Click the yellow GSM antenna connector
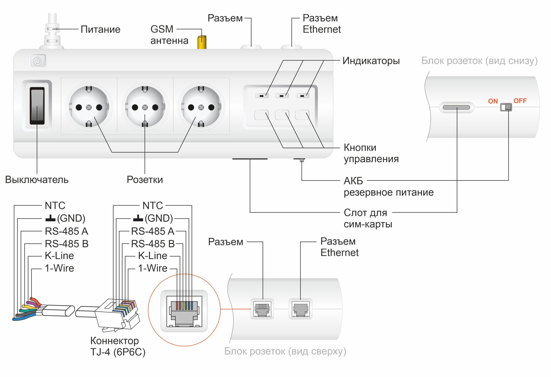pyautogui.click(x=202, y=42)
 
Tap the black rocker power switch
pyautogui.click(x=37, y=106)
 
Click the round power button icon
pyautogui.click(x=38, y=61)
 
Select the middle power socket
pyautogui.click(x=145, y=107)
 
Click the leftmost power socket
pyautogui.click(x=89, y=107)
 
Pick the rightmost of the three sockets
pyautogui.click(x=201, y=107)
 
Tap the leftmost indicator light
pyautogui.click(x=261, y=96)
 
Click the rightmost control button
pyautogui.click(x=302, y=115)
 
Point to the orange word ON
pyautogui.click(x=493, y=101)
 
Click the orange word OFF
pyautogui.click(x=520, y=101)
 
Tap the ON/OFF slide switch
pyautogui.click(x=506, y=107)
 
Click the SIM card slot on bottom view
pyautogui.click(x=456, y=108)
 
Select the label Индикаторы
pyautogui.click(x=371, y=61)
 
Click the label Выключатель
pyautogui.click(x=37, y=180)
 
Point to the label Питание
pyautogui.click(x=100, y=29)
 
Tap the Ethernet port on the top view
pyautogui.click(x=300, y=309)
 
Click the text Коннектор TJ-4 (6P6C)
pyautogui.click(x=118, y=346)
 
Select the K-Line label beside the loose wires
pyautogui.click(x=59, y=256)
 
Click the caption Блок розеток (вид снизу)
pyautogui.click(x=479, y=61)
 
